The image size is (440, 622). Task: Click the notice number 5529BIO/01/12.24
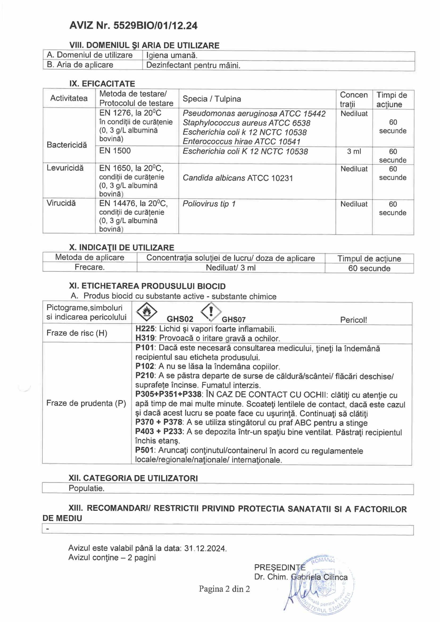[x=155, y=26]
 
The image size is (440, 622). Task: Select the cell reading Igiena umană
[x=172, y=56]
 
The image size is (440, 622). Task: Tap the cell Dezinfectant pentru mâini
[x=193, y=65]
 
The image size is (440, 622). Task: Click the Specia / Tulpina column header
[x=211, y=99]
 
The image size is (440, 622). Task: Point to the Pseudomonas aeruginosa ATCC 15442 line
[x=254, y=114]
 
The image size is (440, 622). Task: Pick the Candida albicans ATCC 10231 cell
[x=238, y=178]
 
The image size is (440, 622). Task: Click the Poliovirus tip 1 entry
[x=209, y=204]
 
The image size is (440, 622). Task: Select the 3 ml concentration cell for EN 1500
[x=354, y=151]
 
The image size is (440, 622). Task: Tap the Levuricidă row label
[x=65, y=168]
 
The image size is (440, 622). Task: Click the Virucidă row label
[x=61, y=203]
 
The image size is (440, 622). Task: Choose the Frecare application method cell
[x=90, y=267]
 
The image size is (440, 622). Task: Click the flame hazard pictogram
[x=147, y=312]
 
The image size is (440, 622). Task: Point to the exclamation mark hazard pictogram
[x=211, y=312]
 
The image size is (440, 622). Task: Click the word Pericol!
[x=353, y=320]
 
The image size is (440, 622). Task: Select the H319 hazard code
[x=145, y=338]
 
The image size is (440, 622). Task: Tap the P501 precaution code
[x=145, y=450]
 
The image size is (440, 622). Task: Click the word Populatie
[x=86, y=488]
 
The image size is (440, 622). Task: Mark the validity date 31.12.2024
[x=205, y=549]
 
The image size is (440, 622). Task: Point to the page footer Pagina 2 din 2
[x=224, y=589]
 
